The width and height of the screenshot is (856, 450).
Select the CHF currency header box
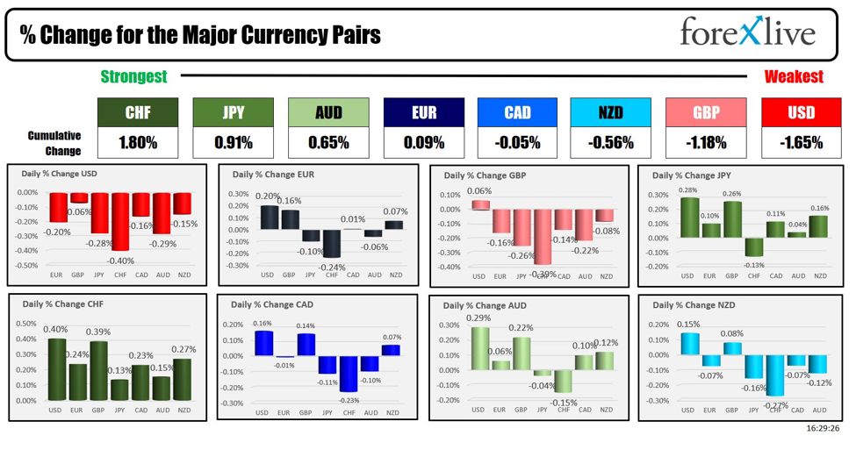pos(137,112)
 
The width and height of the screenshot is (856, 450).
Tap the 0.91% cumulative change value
pos(233,142)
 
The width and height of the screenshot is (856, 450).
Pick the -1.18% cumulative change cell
pos(706,142)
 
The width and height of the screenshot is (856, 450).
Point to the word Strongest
pos(133,76)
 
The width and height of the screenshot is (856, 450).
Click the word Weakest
pos(794,76)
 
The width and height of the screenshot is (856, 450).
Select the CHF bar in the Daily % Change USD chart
pos(120,221)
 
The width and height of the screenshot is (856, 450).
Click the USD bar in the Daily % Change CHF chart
pos(56,369)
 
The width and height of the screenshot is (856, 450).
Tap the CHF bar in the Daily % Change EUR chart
pos(331,243)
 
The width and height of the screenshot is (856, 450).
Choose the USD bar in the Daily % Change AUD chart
pos(478,361)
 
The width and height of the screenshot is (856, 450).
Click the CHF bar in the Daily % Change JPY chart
pos(754,246)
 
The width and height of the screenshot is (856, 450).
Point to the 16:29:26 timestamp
pos(821,430)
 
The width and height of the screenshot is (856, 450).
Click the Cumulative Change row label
pos(54,142)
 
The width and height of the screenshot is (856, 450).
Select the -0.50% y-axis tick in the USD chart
pos(27,265)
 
